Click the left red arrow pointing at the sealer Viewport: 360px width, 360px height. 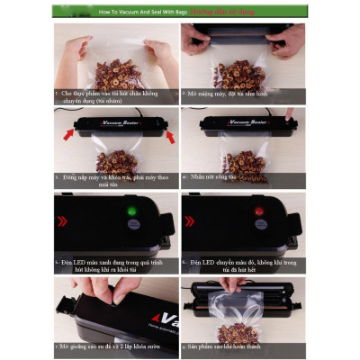68,136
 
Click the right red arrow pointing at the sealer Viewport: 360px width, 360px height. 172,136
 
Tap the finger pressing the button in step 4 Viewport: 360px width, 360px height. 291,117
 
